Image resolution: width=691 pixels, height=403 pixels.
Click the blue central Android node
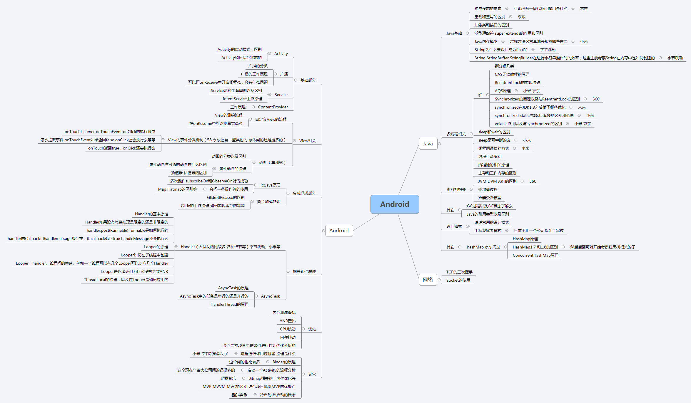394,204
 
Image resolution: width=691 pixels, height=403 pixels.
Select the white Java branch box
428,144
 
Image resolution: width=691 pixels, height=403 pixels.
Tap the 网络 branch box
428,280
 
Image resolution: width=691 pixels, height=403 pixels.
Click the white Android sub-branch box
339,231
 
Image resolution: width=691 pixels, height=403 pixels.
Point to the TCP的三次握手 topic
459,272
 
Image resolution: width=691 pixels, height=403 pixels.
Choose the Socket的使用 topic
458,280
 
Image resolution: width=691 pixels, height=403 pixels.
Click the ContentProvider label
273,107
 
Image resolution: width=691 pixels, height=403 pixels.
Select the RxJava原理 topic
270,185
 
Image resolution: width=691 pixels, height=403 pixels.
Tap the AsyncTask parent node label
270,296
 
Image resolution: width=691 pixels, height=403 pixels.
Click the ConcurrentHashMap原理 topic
535,255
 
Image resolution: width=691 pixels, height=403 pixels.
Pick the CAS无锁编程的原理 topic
512,74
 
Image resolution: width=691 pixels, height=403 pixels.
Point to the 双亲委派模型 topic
490,198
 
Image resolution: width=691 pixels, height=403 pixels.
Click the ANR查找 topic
287,321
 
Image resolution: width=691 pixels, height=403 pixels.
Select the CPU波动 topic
288,329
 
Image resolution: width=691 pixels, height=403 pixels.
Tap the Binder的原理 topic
284,362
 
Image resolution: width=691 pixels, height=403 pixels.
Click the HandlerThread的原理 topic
229,304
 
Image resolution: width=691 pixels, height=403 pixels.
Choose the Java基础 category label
454,33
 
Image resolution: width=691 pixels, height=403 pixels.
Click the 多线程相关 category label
456,134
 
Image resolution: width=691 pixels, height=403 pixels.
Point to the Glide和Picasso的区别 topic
226,197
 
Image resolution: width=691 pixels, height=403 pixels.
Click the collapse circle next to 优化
303,329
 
